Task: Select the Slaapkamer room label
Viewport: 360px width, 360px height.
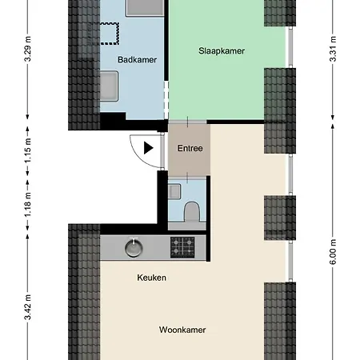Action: [x=221, y=50]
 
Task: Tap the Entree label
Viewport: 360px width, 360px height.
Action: [x=190, y=148]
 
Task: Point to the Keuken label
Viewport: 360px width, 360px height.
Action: [x=151, y=278]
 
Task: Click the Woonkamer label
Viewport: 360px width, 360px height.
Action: [x=182, y=330]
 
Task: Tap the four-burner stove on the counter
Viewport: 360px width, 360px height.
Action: [x=182, y=248]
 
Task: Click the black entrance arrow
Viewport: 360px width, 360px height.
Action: [x=148, y=147]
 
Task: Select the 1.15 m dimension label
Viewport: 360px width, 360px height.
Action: [x=27, y=157]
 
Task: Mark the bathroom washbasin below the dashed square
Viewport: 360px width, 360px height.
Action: [x=110, y=85]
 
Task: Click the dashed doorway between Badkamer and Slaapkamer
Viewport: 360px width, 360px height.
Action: [x=166, y=102]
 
